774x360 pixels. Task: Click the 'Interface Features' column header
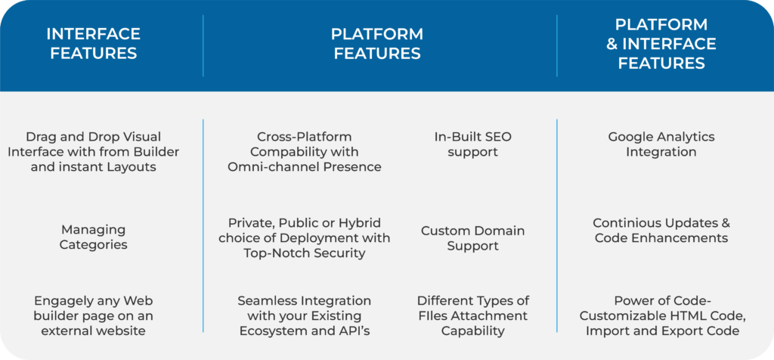tap(93, 44)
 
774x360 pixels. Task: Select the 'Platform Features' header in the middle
tap(377, 44)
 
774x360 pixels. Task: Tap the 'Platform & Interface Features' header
tap(661, 44)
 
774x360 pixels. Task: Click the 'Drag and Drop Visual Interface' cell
tap(93, 151)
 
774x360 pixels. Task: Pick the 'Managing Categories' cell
tap(93, 237)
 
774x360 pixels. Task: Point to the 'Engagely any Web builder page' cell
tap(93, 315)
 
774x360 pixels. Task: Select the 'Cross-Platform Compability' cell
tap(305, 151)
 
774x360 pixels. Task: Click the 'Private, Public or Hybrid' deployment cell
tap(305, 237)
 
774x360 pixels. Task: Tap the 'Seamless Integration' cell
tap(305, 315)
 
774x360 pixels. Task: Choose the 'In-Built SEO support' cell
tap(472, 144)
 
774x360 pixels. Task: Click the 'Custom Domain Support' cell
tap(472, 237)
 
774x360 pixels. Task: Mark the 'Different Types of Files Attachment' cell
tap(472, 315)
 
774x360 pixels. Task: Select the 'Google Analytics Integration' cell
tap(661, 144)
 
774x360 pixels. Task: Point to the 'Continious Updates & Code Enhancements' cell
tap(661, 230)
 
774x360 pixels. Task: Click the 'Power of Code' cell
tap(661, 315)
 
